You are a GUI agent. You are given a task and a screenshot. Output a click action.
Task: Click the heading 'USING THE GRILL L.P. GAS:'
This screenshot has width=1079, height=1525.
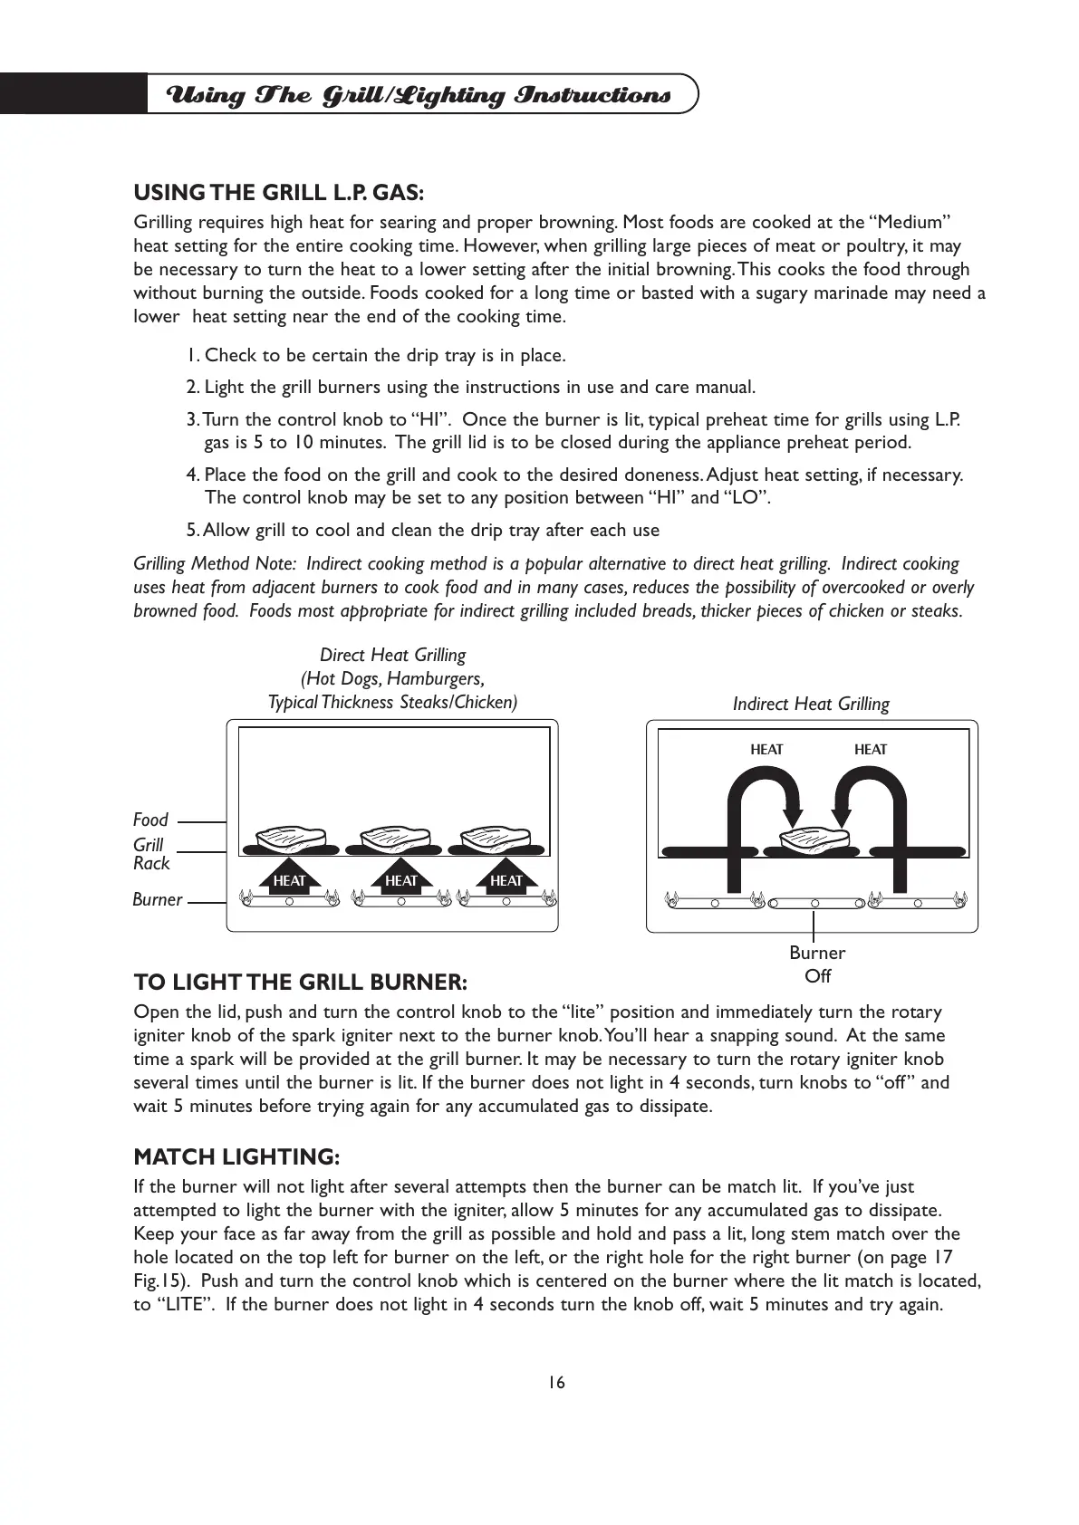point(278,192)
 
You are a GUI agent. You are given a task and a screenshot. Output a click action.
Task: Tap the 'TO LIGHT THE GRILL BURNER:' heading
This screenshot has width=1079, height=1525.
point(300,982)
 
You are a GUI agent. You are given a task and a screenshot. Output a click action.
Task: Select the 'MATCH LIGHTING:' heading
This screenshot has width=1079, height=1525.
point(236,1156)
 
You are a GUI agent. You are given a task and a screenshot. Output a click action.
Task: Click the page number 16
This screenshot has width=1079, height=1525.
point(555,1382)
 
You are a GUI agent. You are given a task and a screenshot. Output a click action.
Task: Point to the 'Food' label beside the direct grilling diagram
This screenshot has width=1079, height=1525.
point(150,820)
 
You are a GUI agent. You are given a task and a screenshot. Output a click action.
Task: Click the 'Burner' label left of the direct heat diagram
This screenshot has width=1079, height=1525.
point(157,900)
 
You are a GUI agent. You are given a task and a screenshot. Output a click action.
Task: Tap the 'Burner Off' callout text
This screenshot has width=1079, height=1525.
point(816,964)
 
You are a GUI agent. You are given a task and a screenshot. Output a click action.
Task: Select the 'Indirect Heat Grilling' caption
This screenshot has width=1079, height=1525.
point(811,704)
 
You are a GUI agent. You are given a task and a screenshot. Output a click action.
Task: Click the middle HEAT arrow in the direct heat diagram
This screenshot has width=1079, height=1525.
point(400,877)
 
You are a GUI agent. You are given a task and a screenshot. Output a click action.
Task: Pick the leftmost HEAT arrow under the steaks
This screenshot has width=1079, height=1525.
point(289,877)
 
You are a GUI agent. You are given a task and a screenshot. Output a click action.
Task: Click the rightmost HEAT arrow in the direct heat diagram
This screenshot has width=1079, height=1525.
point(506,877)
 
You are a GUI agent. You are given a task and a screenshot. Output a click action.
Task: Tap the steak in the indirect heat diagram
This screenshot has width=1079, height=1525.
point(814,839)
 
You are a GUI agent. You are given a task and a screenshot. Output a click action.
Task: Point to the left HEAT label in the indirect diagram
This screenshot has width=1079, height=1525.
point(766,749)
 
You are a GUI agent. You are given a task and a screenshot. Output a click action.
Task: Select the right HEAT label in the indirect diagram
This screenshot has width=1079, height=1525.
point(870,749)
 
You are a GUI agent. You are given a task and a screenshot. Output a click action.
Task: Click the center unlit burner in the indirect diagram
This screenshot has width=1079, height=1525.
point(814,903)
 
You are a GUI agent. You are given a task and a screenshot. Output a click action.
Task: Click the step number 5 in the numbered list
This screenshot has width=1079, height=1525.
point(191,530)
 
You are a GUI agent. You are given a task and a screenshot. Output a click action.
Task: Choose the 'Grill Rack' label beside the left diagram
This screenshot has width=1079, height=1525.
point(151,853)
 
